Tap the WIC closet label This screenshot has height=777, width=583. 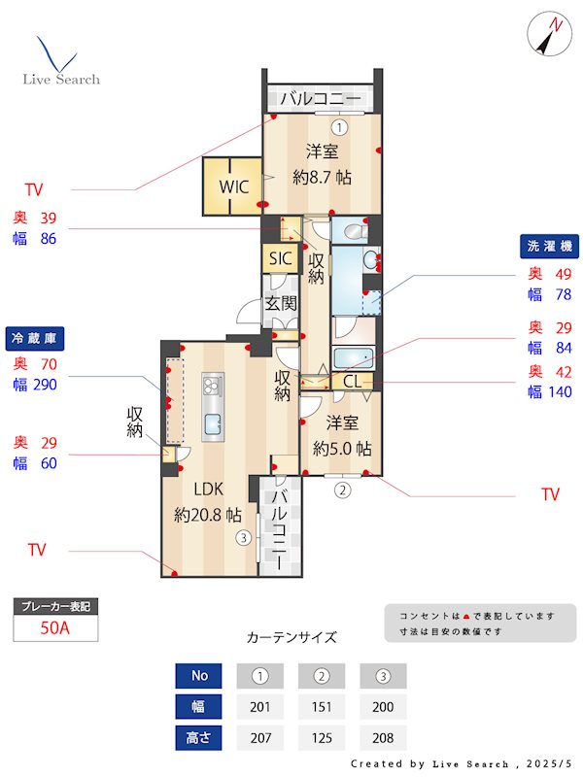pos(233,186)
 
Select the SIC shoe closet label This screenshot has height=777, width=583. pos(280,258)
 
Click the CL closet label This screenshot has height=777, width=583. pos(352,381)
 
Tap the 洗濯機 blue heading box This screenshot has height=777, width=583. pos(549,247)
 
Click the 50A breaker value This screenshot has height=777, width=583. pos(55,627)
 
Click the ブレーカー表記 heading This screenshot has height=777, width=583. pos(55,606)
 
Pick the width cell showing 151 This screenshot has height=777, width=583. pos(321,706)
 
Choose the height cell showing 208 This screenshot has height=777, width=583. pos(383,737)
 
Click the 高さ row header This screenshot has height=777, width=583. pos(199,737)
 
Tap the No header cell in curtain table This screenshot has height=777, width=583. pos(199,676)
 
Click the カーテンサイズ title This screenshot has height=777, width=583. pos(291,638)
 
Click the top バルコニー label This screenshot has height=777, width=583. pos(321,98)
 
